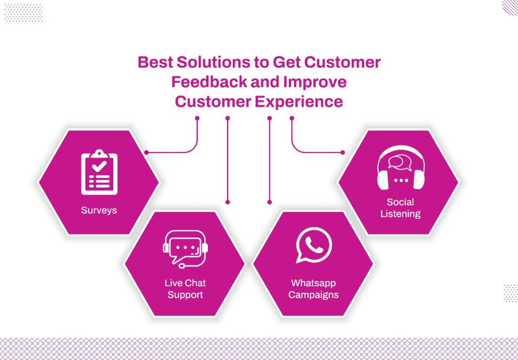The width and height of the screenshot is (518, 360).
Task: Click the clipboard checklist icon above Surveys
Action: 99,172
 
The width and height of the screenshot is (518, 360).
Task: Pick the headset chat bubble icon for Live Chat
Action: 185,249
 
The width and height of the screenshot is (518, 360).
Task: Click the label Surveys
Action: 99,210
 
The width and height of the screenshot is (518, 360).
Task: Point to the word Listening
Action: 401,214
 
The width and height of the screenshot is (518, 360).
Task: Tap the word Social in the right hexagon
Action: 400,202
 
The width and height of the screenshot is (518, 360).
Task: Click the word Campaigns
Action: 314,295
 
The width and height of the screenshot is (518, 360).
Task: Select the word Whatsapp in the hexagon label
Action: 314,283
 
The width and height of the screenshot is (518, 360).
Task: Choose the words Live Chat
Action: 185,283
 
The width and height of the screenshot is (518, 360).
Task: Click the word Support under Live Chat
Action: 185,295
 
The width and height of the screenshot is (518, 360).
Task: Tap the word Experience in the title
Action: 298,101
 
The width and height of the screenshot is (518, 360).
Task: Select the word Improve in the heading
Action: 315,82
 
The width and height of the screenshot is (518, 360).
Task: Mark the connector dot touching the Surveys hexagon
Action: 146,152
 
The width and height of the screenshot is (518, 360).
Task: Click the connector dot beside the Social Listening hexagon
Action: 343,152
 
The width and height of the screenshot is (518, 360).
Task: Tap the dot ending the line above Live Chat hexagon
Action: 228,202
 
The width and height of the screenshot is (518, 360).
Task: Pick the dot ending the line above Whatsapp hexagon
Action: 270,202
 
